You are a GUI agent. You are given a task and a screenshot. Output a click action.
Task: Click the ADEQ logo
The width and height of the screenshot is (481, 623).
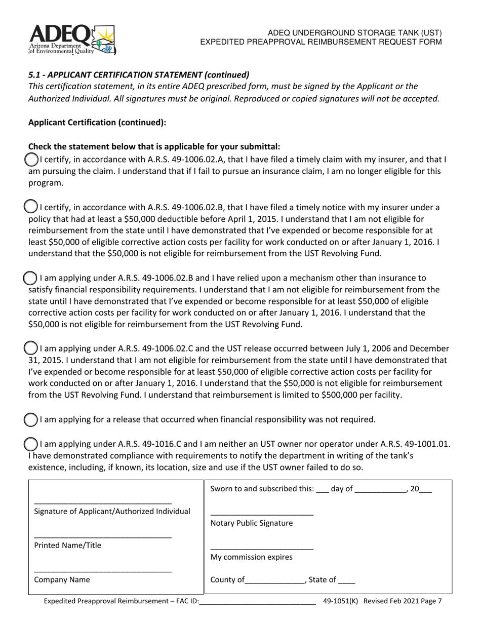pyautogui.click(x=72, y=40)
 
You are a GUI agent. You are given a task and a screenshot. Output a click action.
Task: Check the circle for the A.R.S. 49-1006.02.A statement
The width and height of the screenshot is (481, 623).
pyautogui.click(x=31, y=160)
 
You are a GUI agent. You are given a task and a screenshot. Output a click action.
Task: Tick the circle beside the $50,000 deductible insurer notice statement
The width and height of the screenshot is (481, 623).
pyautogui.click(x=31, y=207)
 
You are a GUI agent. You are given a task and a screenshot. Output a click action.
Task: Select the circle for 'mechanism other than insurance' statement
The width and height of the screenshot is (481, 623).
pyautogui.click(x=31, y=278)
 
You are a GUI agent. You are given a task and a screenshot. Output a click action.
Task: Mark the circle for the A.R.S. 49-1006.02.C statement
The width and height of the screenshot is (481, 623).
pyautogui.click(x=31, y=348)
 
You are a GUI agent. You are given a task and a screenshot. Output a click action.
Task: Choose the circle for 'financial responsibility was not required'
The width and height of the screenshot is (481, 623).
pyautogui.click(x=31, y=419)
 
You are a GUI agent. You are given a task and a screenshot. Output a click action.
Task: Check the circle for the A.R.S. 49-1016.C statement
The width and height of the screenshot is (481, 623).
pyautogui.click(x=31, y=444)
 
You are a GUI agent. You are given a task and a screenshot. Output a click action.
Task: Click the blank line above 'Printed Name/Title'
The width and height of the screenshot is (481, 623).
pyautogui.click(x=103, y=536)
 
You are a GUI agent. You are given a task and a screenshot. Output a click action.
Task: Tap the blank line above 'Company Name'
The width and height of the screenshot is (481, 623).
pyautogui.click(x=103, y=571)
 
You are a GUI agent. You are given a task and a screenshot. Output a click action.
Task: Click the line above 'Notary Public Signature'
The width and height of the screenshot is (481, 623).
pyautogui.click(x=262, y=514)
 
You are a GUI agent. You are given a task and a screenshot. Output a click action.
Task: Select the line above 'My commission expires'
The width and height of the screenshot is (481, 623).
pyautogui.click(x=262, y=548)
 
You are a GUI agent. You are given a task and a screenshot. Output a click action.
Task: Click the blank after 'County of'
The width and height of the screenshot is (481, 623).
pyautogui.click(x=275, y=581)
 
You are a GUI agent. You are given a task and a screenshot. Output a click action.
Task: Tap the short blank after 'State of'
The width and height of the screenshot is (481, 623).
pyautogui.click(x=347, y=581)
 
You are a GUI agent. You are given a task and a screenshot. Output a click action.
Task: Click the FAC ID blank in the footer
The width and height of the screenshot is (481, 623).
pyautogui.click(x=258, y=602)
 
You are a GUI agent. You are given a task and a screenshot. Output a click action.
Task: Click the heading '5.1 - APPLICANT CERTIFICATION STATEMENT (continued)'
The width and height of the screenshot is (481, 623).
pyautogui.click(x=139, y=75)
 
